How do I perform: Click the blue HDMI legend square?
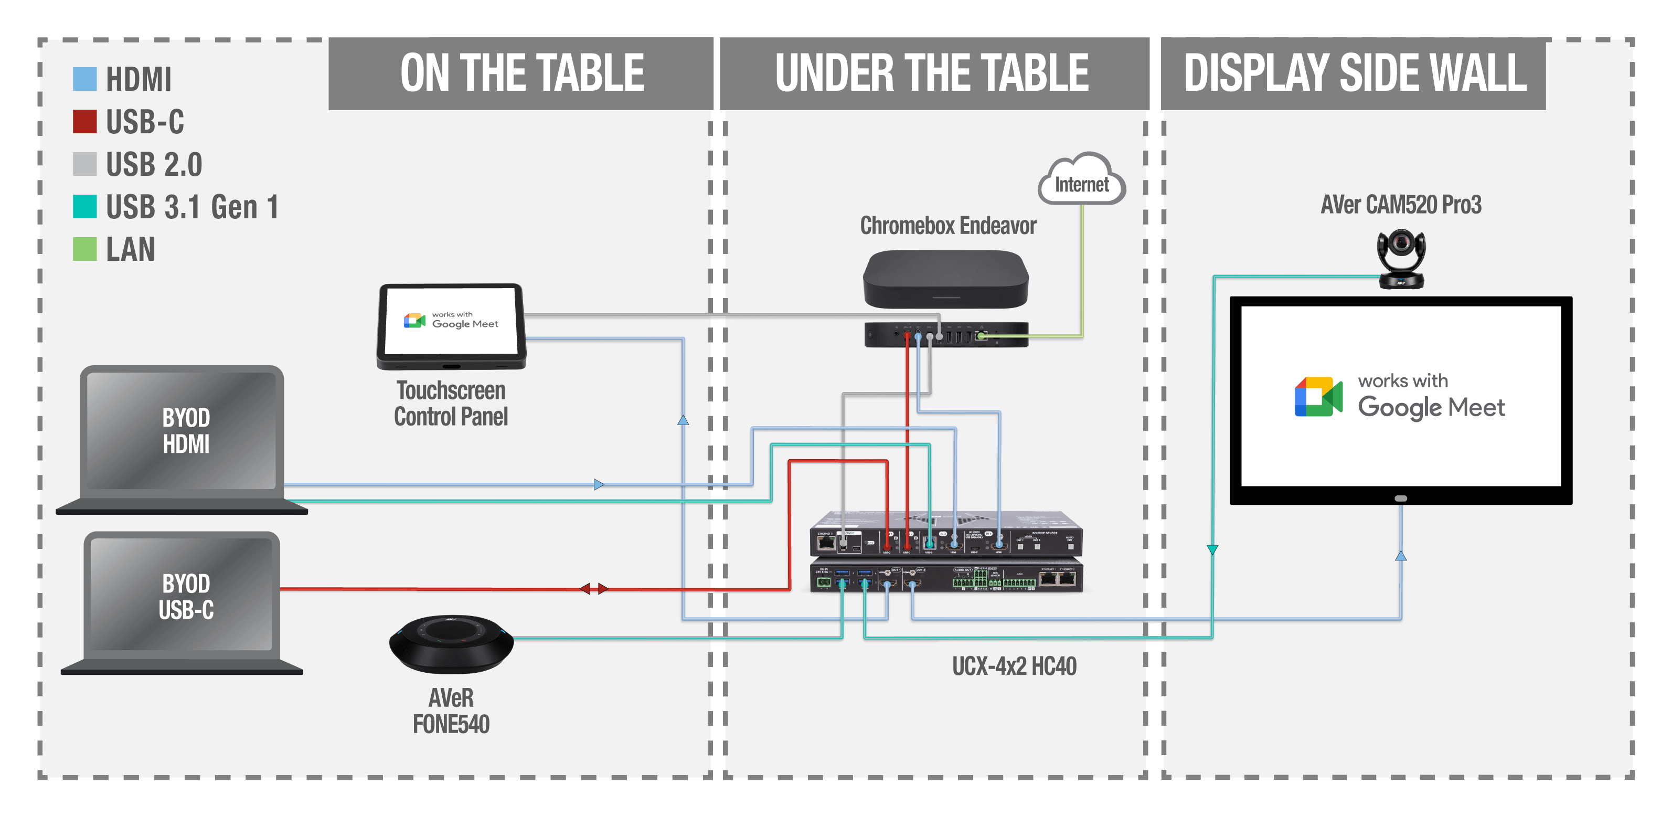click(x=84, y=79)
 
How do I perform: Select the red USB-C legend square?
click(x=84, y=121)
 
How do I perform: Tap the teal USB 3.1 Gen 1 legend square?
click(x=84, y=206)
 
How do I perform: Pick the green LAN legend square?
click(x=84, y=249)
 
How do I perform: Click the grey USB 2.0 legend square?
click(x=84, y=164)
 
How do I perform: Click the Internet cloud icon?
click(x=1081, y=181)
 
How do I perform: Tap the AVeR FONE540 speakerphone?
click(x=451, y=643)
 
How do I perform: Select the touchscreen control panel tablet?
click(x=452, y=325)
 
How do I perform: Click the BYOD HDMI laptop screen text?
click(x=186, y=430)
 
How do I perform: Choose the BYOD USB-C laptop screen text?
click(x=186, y=596)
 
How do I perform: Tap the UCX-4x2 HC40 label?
click(x=1014, y=666)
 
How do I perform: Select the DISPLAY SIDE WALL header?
click(x=1355, y=73)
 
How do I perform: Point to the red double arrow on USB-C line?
click(x=594, y=589)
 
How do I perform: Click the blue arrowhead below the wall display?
click(x=1401, y=556)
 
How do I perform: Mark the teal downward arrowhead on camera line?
click(x=1212, y=550)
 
